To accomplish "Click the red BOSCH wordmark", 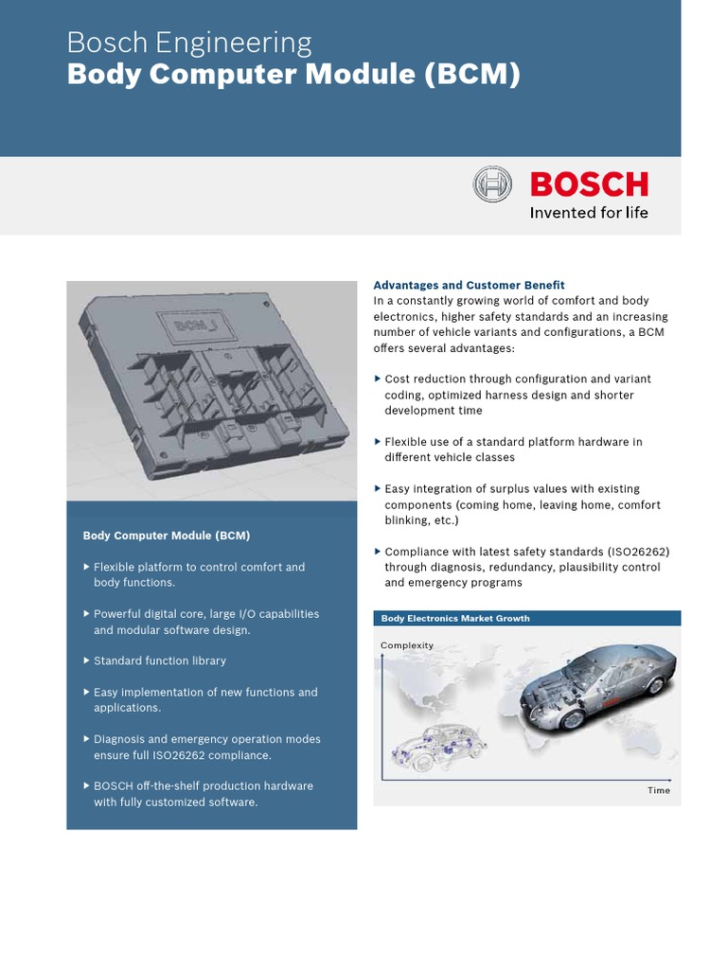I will point(589,184).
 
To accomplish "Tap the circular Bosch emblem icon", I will point(492,185).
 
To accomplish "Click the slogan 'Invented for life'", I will point(589,213).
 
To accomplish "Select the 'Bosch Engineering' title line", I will point(189,43).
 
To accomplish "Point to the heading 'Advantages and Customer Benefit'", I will point(469,285).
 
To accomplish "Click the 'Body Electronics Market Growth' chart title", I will point(455,619).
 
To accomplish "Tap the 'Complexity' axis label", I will point(407,645).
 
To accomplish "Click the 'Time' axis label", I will point(659,790).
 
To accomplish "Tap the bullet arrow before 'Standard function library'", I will point(87,661).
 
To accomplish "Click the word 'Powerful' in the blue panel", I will point(118,614).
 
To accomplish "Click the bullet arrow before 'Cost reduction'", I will point(378,379).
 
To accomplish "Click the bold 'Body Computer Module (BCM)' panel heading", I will point(167,536).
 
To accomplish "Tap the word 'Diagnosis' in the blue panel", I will point(120,739).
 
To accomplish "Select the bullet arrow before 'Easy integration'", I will point(378,489).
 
